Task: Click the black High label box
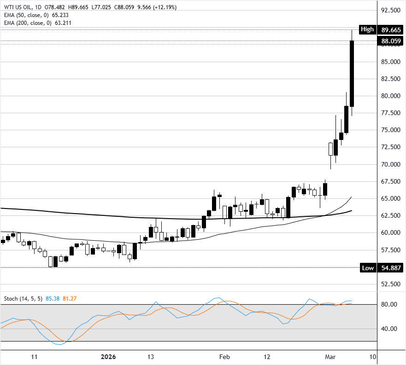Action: [367, 29]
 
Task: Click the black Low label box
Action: [367, 268]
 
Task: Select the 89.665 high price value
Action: [391, 29]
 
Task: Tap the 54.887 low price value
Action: [391, 268]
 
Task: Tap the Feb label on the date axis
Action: [224, 357]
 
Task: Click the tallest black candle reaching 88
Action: [352, 74]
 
